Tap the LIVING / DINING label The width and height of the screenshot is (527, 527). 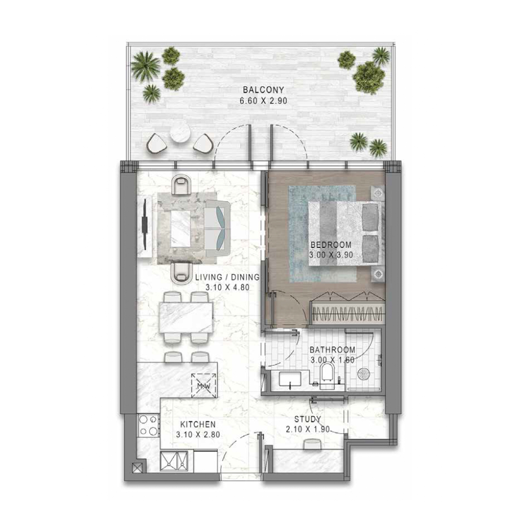(x=228, y=277)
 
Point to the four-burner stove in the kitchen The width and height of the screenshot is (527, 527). (x=148, y=425)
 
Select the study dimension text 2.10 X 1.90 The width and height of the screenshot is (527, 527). (x=308, y=429)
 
